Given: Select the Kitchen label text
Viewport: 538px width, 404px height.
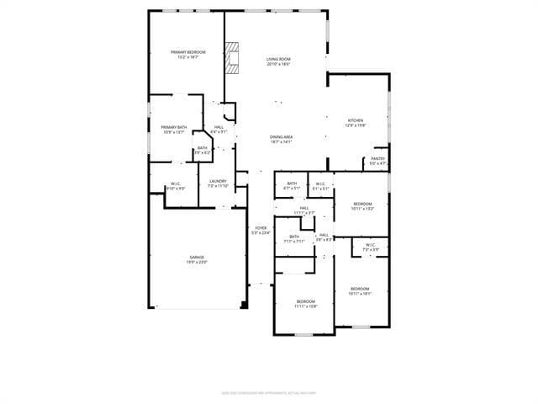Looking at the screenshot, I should tap(356, 123).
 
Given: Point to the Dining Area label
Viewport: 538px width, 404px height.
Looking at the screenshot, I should tap(281, 139).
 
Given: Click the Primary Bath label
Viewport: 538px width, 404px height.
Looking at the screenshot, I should tap(175, 130).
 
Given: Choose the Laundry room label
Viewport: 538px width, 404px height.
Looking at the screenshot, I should tap(219, 183).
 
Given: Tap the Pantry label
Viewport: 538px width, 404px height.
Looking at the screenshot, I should tap(377, 161).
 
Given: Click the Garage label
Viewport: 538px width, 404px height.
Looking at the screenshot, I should tap(197, 259).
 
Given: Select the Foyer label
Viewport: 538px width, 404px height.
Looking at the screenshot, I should tap(261, 230).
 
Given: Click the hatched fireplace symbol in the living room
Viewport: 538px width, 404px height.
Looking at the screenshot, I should tap(235, 60).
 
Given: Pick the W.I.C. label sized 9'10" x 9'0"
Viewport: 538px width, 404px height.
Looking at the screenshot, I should tap(176, 186).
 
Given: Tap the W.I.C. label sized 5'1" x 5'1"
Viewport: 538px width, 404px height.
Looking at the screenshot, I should tap(320, 186).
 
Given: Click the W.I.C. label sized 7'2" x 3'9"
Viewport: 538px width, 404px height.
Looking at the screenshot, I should tap(371, 247).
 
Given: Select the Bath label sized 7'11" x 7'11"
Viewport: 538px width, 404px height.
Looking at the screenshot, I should tap(294, 238).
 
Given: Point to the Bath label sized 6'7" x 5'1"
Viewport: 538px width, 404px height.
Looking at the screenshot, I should tap(292, 186).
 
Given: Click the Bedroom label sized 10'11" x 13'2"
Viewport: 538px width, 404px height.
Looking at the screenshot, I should tap(362, 206).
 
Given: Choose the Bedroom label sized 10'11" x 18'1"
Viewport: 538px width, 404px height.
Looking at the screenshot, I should tap(360, 291).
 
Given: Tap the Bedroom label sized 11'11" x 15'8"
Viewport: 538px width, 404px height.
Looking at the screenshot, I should tap(305, 303).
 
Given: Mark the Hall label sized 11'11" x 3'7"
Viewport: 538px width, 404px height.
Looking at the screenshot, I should tap(303, 210).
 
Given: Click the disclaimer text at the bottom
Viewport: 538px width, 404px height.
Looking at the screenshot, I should tap(268, 392).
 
